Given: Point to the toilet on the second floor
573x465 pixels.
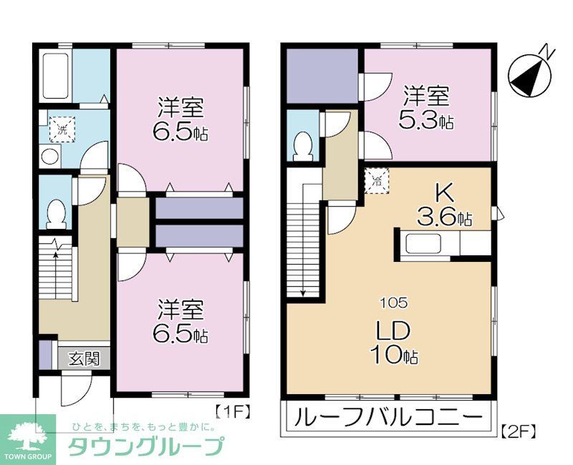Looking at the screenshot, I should (x=303, y=145).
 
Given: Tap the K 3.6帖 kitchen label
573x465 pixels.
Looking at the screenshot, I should (x=445, y=206).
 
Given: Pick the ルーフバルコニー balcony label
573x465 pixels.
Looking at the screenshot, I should (x=390, y=416).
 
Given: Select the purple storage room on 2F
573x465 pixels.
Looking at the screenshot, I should (x=322, y=76).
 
